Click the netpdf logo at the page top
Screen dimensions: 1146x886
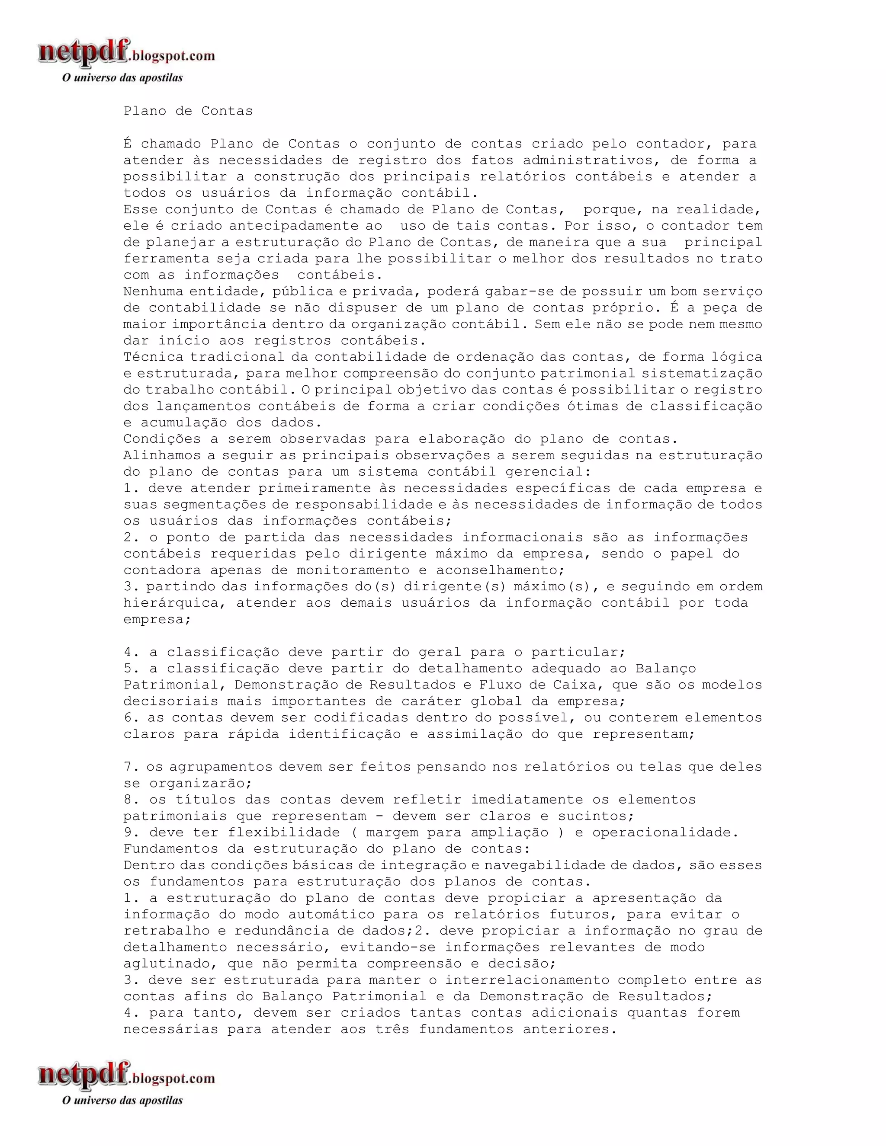(126, 54)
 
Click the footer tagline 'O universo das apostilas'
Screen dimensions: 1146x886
(122, 1100)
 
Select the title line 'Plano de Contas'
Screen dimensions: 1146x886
(188, 111)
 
